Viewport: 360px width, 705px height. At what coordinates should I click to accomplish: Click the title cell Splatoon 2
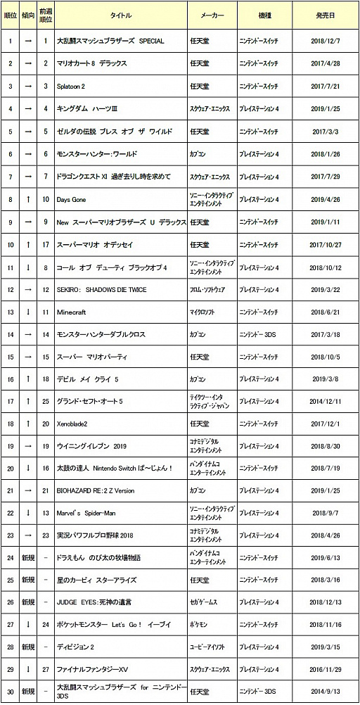click(x=71, y=86)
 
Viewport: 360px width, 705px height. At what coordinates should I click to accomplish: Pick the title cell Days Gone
click(x=72, y=200)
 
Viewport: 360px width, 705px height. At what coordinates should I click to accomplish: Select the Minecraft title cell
click(x=72, y=312)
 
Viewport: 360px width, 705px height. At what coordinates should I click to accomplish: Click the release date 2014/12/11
click(x=325, y=401)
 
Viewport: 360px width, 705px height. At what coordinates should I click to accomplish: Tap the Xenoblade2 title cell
click(x=74, y=424)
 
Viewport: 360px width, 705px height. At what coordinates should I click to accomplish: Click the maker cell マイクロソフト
click(x=204, y=312)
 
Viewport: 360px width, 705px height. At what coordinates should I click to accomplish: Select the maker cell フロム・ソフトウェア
click(x=208, y=289)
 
